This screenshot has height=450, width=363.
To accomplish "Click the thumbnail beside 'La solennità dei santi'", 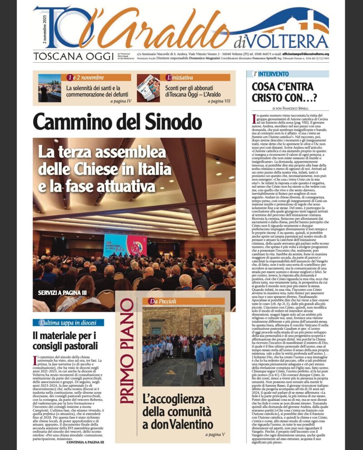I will click(49, 88).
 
